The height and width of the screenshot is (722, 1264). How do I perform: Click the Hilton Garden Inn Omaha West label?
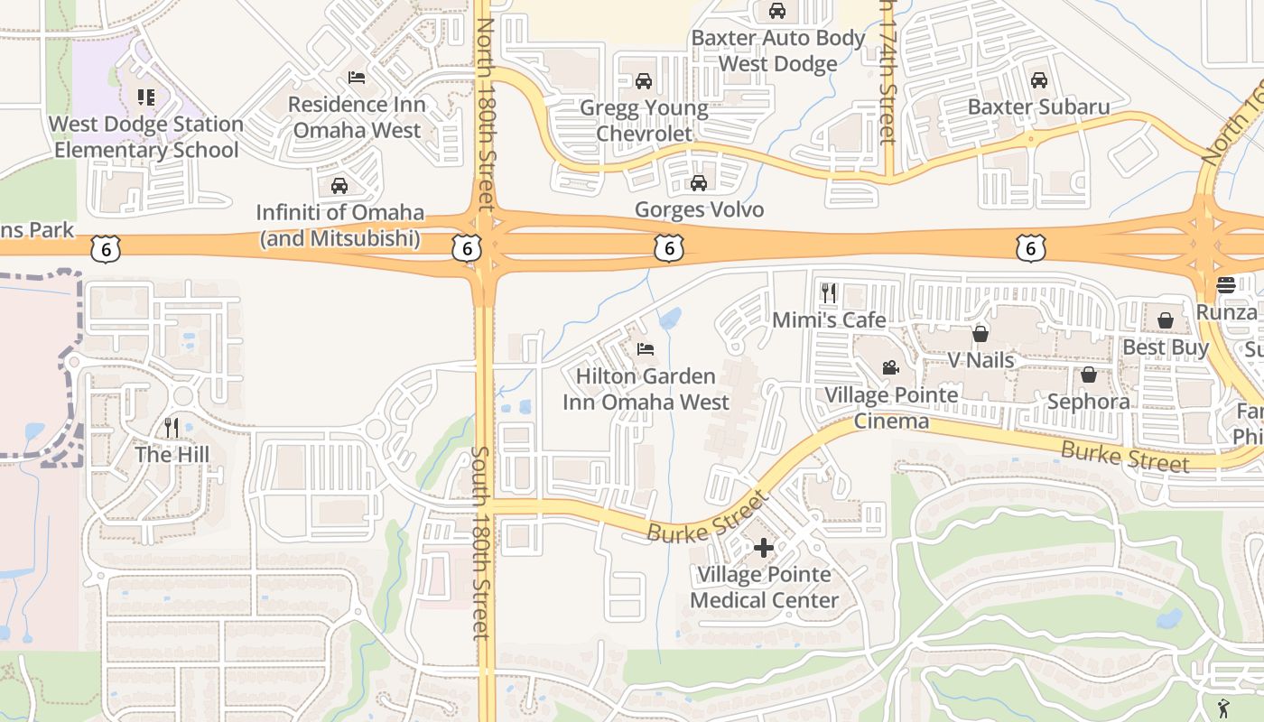pyautogui.click(x=646, y=389)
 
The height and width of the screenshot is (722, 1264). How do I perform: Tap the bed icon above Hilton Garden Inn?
pyautogui.click(x=646, y=349)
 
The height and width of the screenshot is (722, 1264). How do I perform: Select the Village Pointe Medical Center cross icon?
pyautogui.click(x=764, y=548)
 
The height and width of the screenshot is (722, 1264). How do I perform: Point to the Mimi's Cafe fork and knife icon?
pyautogui.click(x=829, y=292)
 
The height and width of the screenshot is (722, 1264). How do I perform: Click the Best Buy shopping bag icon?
pyautogui.click(x=1166, y=320)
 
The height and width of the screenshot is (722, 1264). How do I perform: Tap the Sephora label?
pyautogui.click(x=1088, y=402)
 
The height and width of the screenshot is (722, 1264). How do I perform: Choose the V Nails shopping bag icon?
pyautogui.click(x=981, y=334)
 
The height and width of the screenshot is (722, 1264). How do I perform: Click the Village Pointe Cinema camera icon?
pyautogui.click(x=890, y=367)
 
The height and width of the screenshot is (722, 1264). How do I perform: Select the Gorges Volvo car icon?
pyautogui.click(x=698, y=184)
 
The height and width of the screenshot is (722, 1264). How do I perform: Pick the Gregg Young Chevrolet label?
pyautogui.click(x=644, y=121)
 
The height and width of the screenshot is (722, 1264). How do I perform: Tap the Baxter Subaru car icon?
pyautogui.click(x=1038, y=80)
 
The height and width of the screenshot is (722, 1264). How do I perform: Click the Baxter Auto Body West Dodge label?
pyautogui.click(x=778, y=51)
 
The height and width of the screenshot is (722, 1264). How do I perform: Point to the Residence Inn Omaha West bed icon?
pyautogui.click(x=357, y=78)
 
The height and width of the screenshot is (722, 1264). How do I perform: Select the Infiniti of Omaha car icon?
pyautogui.click(x=339, y=187)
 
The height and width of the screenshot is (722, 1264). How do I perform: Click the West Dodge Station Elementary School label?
pyautogui.click(x=146, y=136)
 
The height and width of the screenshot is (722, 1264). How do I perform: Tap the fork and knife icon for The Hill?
pyautogui.click(x=172, y=427)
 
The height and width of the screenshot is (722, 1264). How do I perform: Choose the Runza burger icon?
pyautogui.click(x=1225, y=285)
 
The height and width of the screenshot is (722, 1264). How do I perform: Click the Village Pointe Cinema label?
pyautogui.click(x=891, y=408)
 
